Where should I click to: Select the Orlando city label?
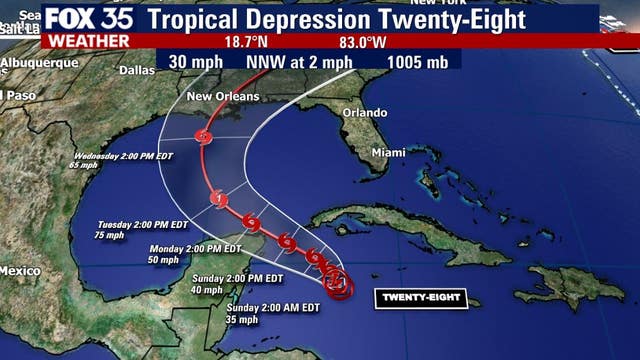pos(364,112)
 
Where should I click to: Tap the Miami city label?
pos(388,152)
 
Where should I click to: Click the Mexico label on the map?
pos(19,271)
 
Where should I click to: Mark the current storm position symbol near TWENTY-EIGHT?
pos(338,284)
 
